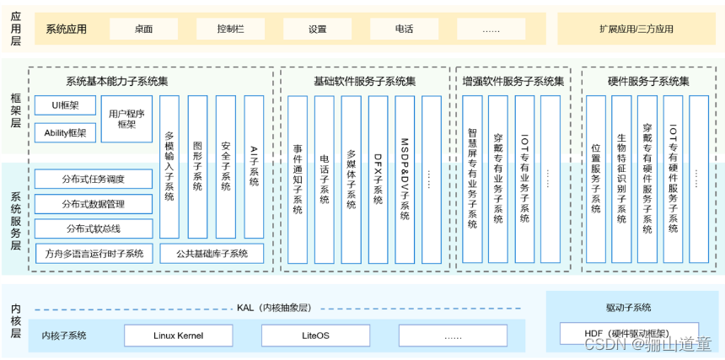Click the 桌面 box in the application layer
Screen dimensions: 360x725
coord(143,29)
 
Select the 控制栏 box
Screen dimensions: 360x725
coord(229,29)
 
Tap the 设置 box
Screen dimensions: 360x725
coord(317,29)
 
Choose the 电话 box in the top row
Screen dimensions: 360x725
coord(404,29)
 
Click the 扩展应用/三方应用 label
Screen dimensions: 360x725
coord(636,29)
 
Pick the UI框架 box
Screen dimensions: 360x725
coord(65,106)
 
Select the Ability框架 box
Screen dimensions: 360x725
coord(65,132)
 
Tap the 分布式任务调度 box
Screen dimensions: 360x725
coord(93,180)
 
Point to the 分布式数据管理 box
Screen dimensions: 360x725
coord(93,204)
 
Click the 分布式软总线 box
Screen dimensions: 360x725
coord(93,228)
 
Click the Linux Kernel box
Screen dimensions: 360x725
coord(178,336)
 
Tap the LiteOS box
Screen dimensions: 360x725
coord(315,336)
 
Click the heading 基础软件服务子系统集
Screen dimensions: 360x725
coord(364,82)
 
